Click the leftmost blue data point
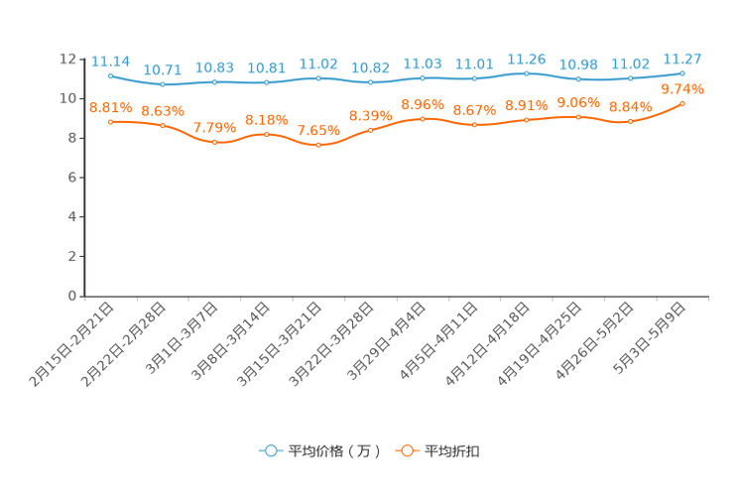tap(110, 75)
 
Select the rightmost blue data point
tap(682, 72)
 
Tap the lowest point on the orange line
tap(318, 146)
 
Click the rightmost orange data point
tap(682, 103)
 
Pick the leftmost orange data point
tap(110, 121)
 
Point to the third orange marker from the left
tap(214, 142)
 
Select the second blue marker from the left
tap(162, 84)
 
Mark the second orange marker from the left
tap(162, 125)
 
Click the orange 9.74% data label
tap(682, 89)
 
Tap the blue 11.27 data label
tap(682, 58)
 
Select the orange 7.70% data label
tap(214, 128)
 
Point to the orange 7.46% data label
tap(318, 131)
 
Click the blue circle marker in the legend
tap(270, 450)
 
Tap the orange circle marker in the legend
tap(407, 450)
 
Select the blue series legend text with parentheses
tap(333, 451)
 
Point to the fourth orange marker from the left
tap(266, 134)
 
